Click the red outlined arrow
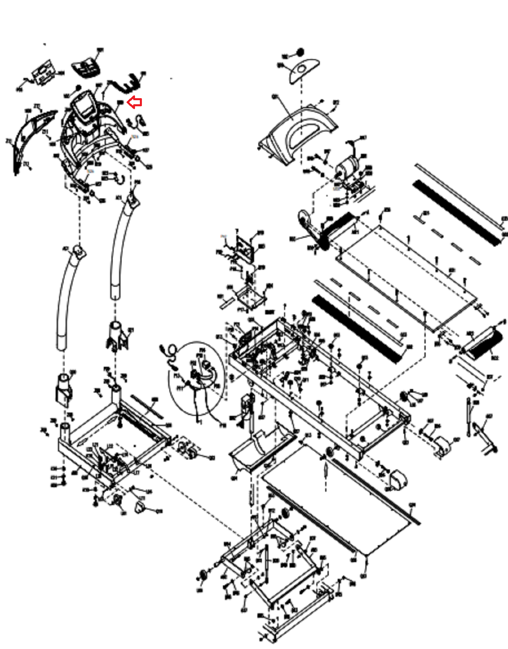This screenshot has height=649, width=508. (x=135, y=102)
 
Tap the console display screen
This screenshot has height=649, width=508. (x=84, y=106)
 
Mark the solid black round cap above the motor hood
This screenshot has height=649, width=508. (x=300, y=52)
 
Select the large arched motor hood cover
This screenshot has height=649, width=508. (x=298, y=134)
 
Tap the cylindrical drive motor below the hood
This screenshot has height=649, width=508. (x=347, y=166)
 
